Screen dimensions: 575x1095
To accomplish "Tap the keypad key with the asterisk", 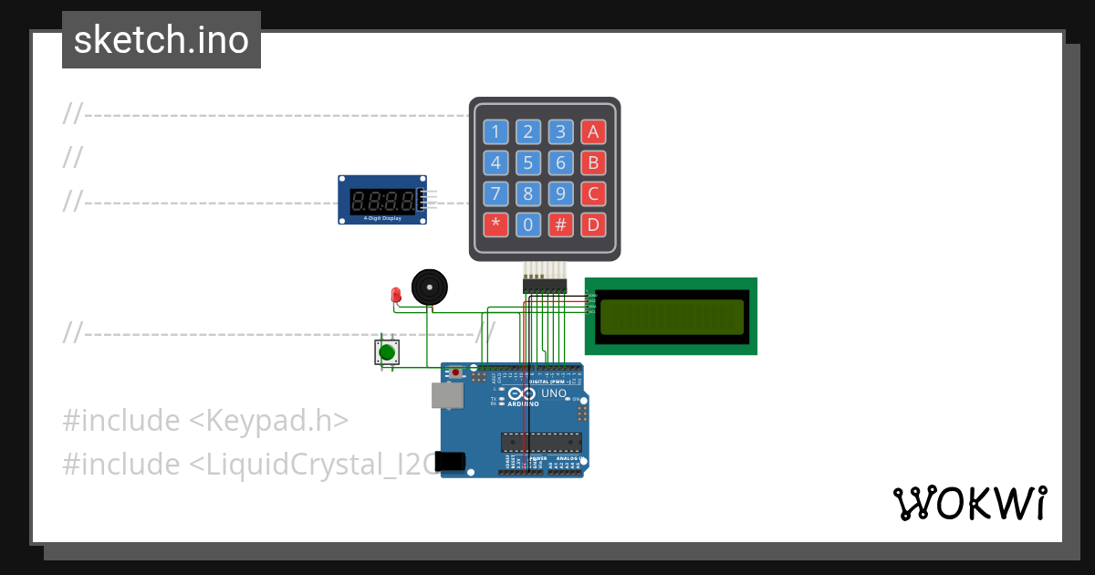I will [495, 225].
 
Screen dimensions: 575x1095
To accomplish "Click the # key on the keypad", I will [561, 225].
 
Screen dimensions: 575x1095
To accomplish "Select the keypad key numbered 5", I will [528, 162].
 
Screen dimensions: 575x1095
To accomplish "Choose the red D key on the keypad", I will [594, 225].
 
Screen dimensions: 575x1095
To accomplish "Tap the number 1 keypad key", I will [495, 131].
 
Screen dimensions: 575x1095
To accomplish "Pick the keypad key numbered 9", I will [561, 193].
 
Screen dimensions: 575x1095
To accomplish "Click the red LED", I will [396, 295].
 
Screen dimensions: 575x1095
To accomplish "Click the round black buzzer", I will [430, 287].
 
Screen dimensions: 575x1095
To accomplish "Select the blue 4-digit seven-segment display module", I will [382, 200].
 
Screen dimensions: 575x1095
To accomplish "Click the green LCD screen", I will [671, 316].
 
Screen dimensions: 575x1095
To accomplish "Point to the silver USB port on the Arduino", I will [446, 395].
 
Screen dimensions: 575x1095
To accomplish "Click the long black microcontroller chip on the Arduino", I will [540, 443].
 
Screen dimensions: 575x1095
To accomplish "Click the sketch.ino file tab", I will [162, 40].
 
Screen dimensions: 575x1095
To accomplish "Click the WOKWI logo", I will [970, 503].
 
